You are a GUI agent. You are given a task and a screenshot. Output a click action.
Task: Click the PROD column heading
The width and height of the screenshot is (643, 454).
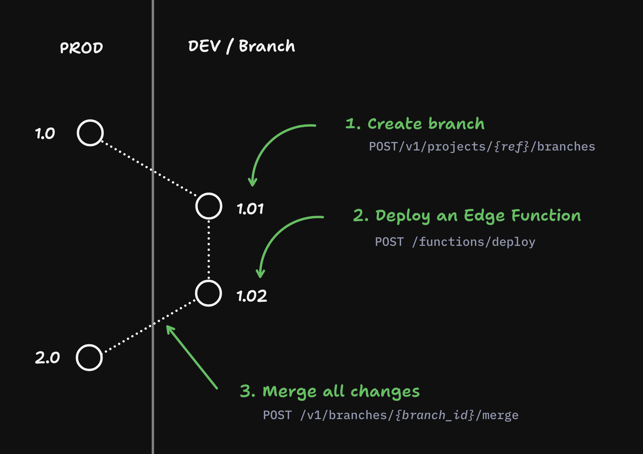click(x=81, y=48)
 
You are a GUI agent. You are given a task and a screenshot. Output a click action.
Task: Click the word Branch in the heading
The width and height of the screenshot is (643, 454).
click(x=267, y=46)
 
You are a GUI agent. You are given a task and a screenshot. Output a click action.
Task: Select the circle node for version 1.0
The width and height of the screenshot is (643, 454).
click(x=90, y=133)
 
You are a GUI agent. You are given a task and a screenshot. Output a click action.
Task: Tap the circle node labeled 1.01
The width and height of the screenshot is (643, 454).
click(x=209, y=206)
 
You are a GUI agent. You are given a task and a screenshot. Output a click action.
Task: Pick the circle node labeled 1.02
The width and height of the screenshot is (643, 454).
click(x=209, y=293)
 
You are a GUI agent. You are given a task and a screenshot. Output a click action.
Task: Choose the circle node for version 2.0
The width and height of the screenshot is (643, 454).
click(x=89, y=358)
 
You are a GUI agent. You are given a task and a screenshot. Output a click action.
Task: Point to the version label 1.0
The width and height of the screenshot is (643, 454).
click(x=45, y=133)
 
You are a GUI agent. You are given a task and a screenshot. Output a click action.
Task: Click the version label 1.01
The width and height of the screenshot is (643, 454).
click(x=250, y=209)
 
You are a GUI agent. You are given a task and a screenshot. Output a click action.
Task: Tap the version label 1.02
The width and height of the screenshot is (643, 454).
click(x=252, y=296)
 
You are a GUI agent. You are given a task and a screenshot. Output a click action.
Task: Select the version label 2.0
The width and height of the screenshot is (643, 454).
click(x=47, y=358)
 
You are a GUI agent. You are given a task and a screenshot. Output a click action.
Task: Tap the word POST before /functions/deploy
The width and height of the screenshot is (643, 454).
click(x=389, y=242)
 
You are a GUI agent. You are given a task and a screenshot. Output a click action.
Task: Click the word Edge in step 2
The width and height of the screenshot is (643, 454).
click(x=484, y=216)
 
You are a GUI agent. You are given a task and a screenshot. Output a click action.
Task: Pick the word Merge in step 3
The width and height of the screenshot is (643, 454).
click(x=289, y=392)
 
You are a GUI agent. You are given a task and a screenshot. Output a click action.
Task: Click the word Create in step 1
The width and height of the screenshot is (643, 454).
click(x=395, y=124)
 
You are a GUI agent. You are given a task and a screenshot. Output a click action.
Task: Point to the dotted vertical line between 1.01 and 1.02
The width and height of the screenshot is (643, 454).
click(x=209, y=249)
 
